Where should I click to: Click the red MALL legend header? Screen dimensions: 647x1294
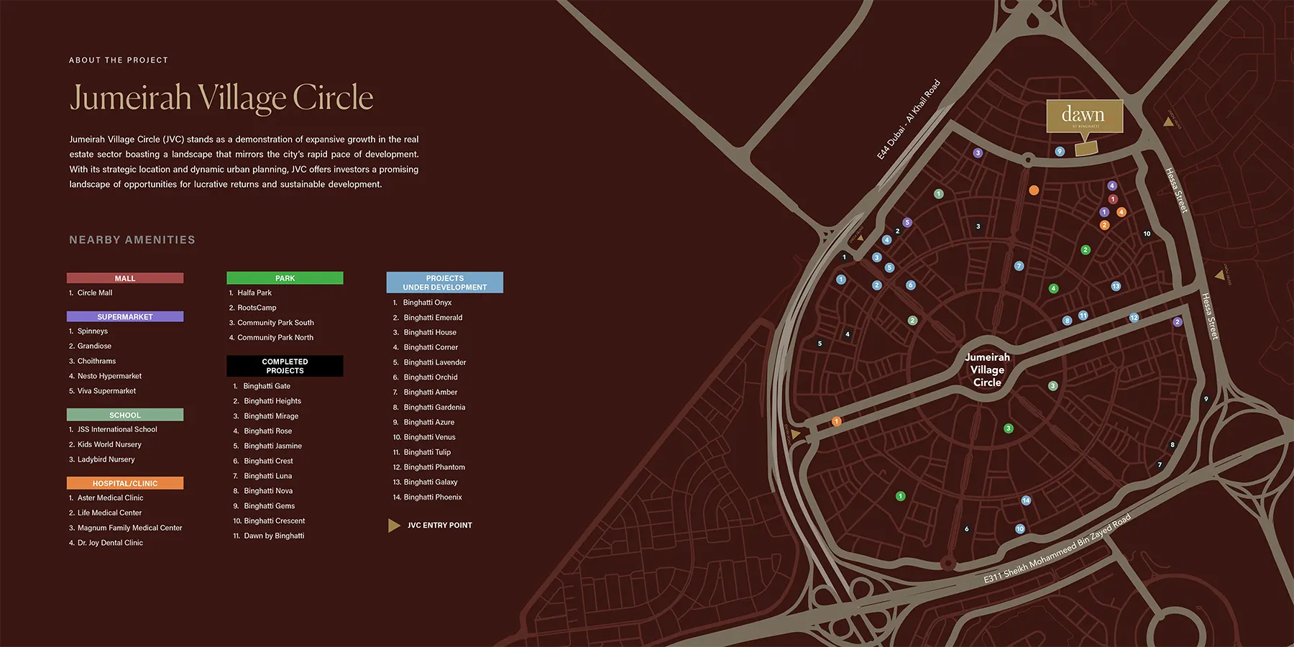tap(125, 278)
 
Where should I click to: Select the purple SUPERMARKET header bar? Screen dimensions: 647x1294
tap(125, 316)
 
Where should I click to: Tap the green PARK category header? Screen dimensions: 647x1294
tap(285, 278)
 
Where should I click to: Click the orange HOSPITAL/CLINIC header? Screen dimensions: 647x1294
tap(125, 483)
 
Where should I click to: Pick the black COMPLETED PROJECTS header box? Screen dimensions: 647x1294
tap(285, 366)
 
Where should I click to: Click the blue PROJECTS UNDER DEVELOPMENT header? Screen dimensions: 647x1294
tap(444, 283)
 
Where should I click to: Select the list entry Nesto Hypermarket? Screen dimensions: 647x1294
tap(109, 376)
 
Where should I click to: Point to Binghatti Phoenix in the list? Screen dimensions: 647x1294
tap(432, 497)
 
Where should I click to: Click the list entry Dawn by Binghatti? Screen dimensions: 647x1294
tap(273, 536)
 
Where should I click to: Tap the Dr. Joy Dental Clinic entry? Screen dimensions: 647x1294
tap(110, 543)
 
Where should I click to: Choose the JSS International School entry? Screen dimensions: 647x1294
tap(116, 429)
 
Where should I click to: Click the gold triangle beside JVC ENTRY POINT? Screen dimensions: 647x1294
tap(393, 526)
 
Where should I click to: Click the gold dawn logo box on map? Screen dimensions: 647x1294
tap(1084, 116)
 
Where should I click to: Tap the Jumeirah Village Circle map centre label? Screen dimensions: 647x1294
tap(987, 370)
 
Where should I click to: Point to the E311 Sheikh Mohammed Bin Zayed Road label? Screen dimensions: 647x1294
tap(1057, 549)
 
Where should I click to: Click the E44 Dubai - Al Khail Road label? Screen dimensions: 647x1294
tap(908, 120)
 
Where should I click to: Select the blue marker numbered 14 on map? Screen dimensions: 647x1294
tap(1026, 500)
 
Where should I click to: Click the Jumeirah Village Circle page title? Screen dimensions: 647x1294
tap(221, 98)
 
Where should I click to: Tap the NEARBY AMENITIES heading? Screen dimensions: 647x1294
tap(132, 240)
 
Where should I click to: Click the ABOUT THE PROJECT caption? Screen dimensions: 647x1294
tap(119, 60)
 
